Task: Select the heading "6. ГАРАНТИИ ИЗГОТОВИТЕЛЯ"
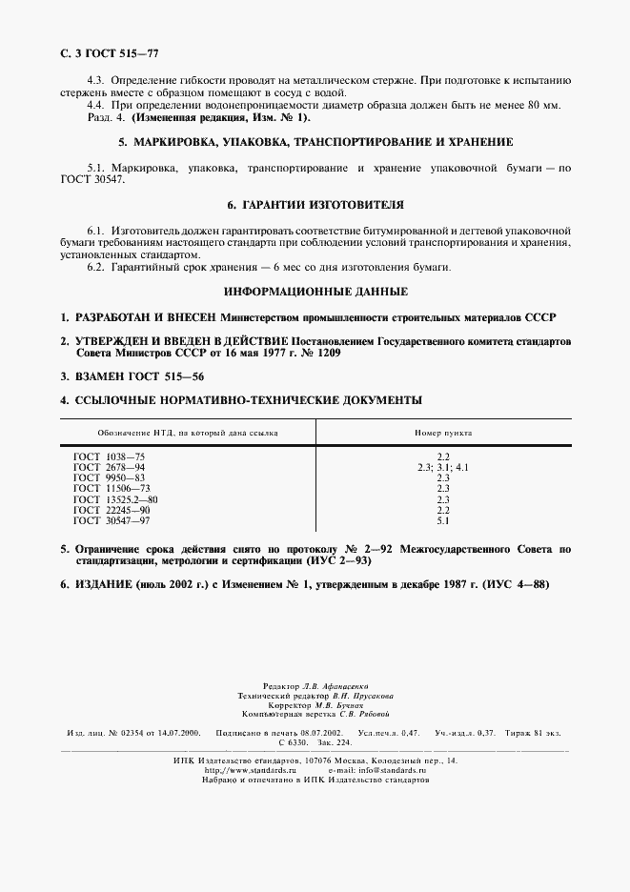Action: pyautogui.click(x=315, y=205)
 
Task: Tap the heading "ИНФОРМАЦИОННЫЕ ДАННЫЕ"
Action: pyautogui.click(x=315, y=291)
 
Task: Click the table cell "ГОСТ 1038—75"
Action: pyautogui.click(x=109, y=457)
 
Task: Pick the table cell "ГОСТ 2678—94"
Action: pyautogui.click(x=109, y=468)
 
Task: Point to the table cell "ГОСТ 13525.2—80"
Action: pyautogui.click(x=115, y=499)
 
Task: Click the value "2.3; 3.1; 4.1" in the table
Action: pyautogui.click(x=442, y=468)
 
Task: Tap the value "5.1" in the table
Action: pyautogui.click(x=442, y=521)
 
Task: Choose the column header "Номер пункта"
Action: pyautogui.click(x=442, y=432)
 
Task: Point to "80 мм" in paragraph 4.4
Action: pyautogui.click(x=548, y=105)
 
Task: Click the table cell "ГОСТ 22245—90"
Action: pyautogui.click(x=109, y=510)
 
